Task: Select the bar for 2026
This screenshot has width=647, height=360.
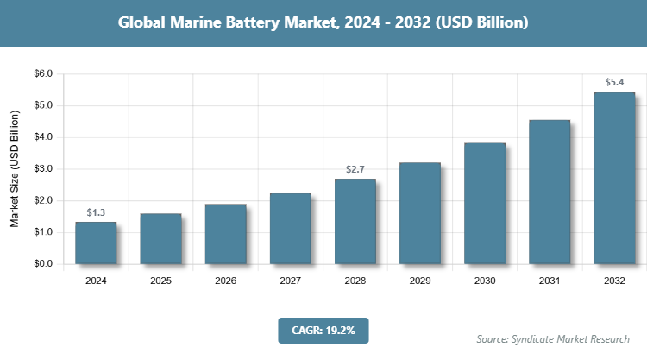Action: click(x=225, y=234)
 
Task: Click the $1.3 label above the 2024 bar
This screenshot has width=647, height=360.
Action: click(x=96, y=212)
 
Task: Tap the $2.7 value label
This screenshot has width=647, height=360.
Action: click(x=355, y=169)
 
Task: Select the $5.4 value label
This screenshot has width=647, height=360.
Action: click(x=614, y=83)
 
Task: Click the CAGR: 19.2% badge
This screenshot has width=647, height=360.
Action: click(x=323, y=330)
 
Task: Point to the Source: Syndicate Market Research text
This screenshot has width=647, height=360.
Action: click(x=553, y=338)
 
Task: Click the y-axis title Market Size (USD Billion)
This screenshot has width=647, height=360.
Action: click(x=15, y=169)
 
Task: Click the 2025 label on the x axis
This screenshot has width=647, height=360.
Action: click(x=160, y=281)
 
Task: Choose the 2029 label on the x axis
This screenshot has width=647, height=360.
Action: click(x=420, y=281)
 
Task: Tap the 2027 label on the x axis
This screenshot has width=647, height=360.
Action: click(x=290, y=281)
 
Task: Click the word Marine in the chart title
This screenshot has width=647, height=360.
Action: click(x=213, y=23)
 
